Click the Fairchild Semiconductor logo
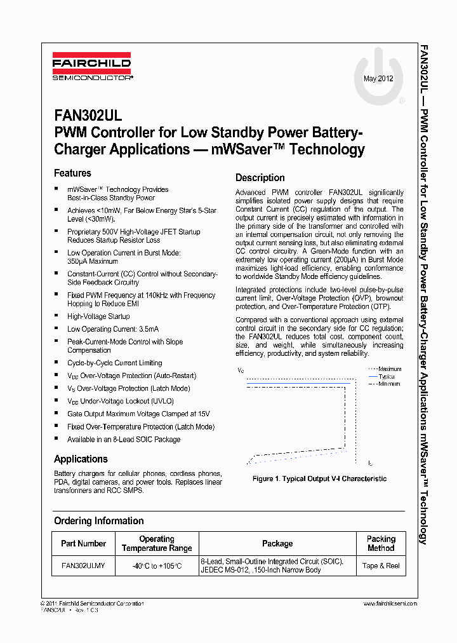91,68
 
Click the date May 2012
378,79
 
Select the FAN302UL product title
84,116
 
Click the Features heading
72,173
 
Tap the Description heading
260,178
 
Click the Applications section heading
81,459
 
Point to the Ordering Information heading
98,521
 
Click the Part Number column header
83,543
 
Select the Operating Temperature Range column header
157,543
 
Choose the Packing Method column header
381,543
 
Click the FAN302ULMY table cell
83,565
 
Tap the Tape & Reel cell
381,565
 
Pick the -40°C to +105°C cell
157,565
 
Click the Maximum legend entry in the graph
389,369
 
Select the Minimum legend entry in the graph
389,384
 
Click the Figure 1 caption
319,479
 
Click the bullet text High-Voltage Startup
98,316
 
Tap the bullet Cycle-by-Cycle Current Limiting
114,363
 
